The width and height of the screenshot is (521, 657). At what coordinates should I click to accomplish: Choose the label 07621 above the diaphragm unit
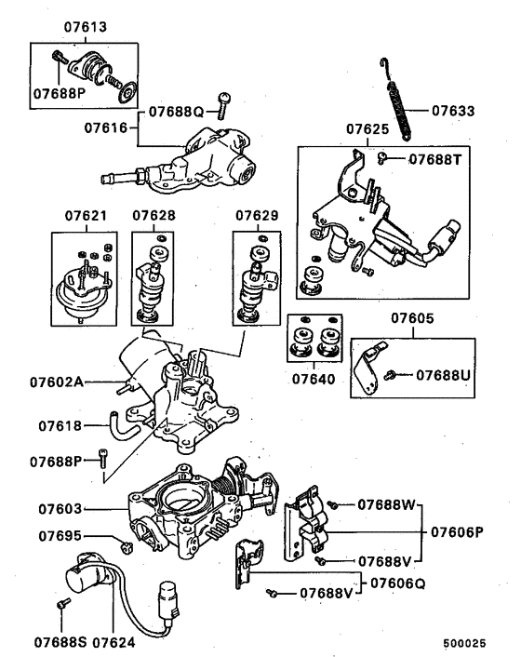tap(84, 216)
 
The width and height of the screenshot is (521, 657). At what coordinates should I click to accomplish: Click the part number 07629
tap(256, 216)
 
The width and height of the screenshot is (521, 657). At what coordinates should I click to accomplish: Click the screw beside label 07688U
tap(395, 374)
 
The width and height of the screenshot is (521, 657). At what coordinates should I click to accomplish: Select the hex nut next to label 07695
tap(127, 543)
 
